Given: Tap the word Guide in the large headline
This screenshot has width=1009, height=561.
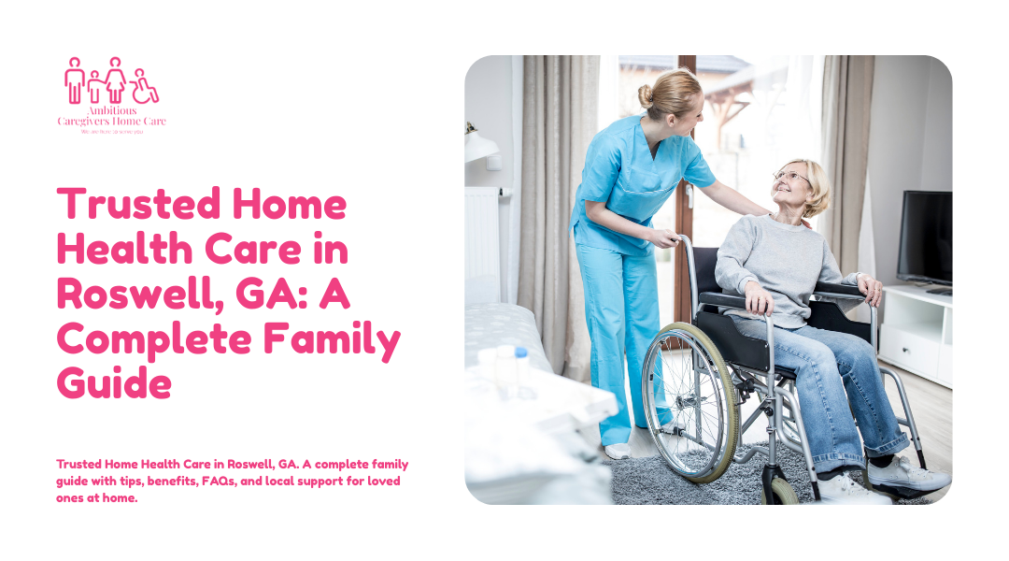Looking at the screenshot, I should (x=114, y=384).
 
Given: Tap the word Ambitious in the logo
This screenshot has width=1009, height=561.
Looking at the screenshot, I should (x=111, y=110).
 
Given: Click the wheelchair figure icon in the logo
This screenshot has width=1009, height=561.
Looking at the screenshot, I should (x=145, y=87).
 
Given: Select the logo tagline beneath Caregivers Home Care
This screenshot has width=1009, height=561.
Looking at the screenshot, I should (x=111, y=132).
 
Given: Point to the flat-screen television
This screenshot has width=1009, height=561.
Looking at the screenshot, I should (x=924, y=237).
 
